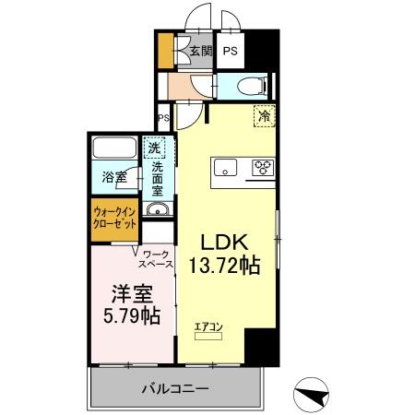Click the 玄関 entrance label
(201, 52)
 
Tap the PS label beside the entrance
(230, 52)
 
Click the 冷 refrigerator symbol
(264, 117)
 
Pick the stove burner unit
(262, 168)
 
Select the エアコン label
(207, 326)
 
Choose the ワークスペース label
(156, 258)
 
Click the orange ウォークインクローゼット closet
(114, 219)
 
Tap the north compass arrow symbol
(314, 394)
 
